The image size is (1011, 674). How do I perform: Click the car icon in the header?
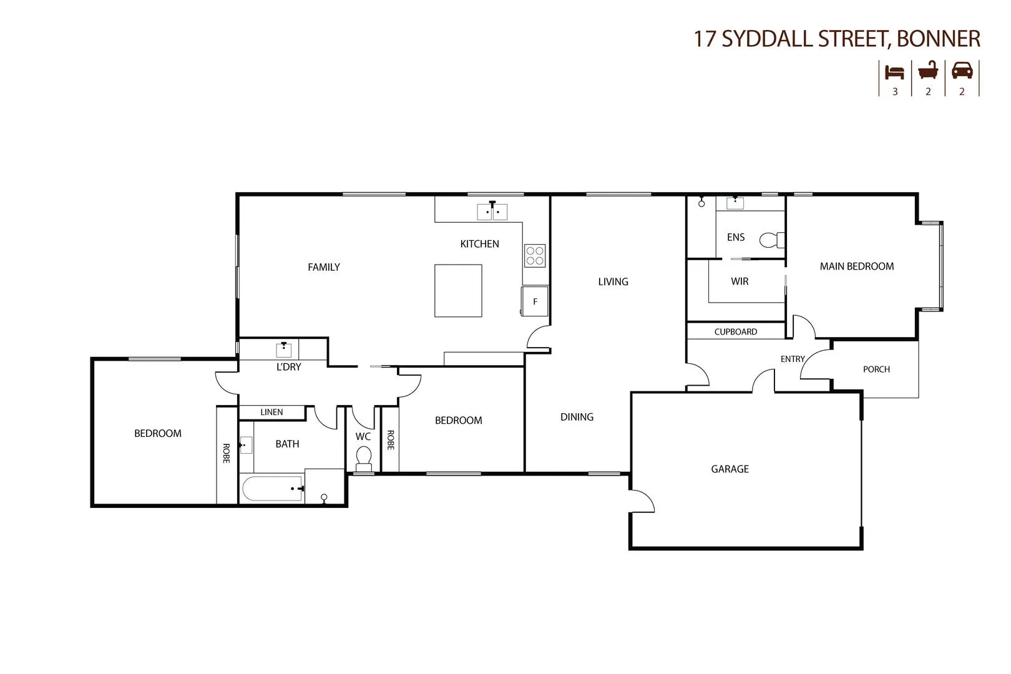962,71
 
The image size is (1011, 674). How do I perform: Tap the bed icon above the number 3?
895,72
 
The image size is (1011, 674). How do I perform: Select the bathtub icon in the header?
928,71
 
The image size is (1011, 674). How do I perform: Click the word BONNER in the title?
938,39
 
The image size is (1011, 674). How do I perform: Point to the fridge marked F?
535,301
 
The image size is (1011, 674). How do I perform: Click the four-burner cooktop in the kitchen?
535,255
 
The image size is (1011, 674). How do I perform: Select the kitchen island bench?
458,290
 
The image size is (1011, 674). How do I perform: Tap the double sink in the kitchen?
492,212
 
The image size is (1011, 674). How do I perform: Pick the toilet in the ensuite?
771,240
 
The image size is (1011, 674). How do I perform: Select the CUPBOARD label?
736,331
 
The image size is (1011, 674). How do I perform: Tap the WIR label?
740,281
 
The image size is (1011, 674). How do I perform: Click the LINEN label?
271,412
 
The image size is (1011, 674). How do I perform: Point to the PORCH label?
876,369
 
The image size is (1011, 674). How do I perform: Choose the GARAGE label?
730,469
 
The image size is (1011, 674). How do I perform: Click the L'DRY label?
288,367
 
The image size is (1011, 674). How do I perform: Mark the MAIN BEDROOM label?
856,266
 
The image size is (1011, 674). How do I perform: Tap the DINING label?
577,417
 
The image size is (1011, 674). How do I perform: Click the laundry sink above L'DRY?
284,349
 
